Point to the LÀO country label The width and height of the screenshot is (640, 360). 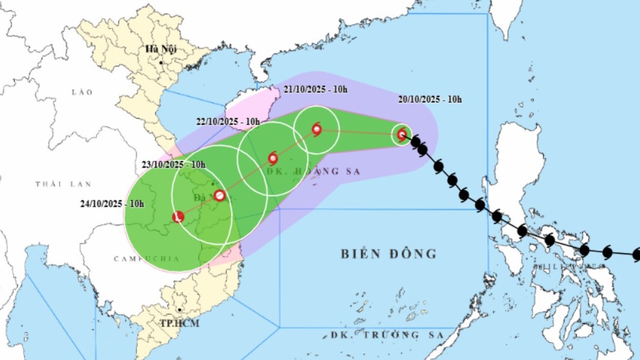[82, 92]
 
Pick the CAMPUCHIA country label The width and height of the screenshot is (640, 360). [146, 259]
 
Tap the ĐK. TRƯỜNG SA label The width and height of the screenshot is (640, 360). [383, 335]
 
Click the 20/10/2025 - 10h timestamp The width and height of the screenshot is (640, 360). [430, 100]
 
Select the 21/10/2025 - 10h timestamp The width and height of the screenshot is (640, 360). [316, 90]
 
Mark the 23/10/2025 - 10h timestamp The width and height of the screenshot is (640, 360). [174, 165]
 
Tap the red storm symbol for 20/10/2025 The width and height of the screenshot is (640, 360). [402, 134]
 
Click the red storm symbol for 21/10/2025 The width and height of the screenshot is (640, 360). [316, 129]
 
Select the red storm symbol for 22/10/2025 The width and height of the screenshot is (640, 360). [273, 158]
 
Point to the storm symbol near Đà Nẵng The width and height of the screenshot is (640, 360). [220, 197]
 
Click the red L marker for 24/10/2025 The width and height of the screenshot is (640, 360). [178, 217]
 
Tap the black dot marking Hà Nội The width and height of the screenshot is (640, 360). [161, 63]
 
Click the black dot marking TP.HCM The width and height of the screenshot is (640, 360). [179, 311]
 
